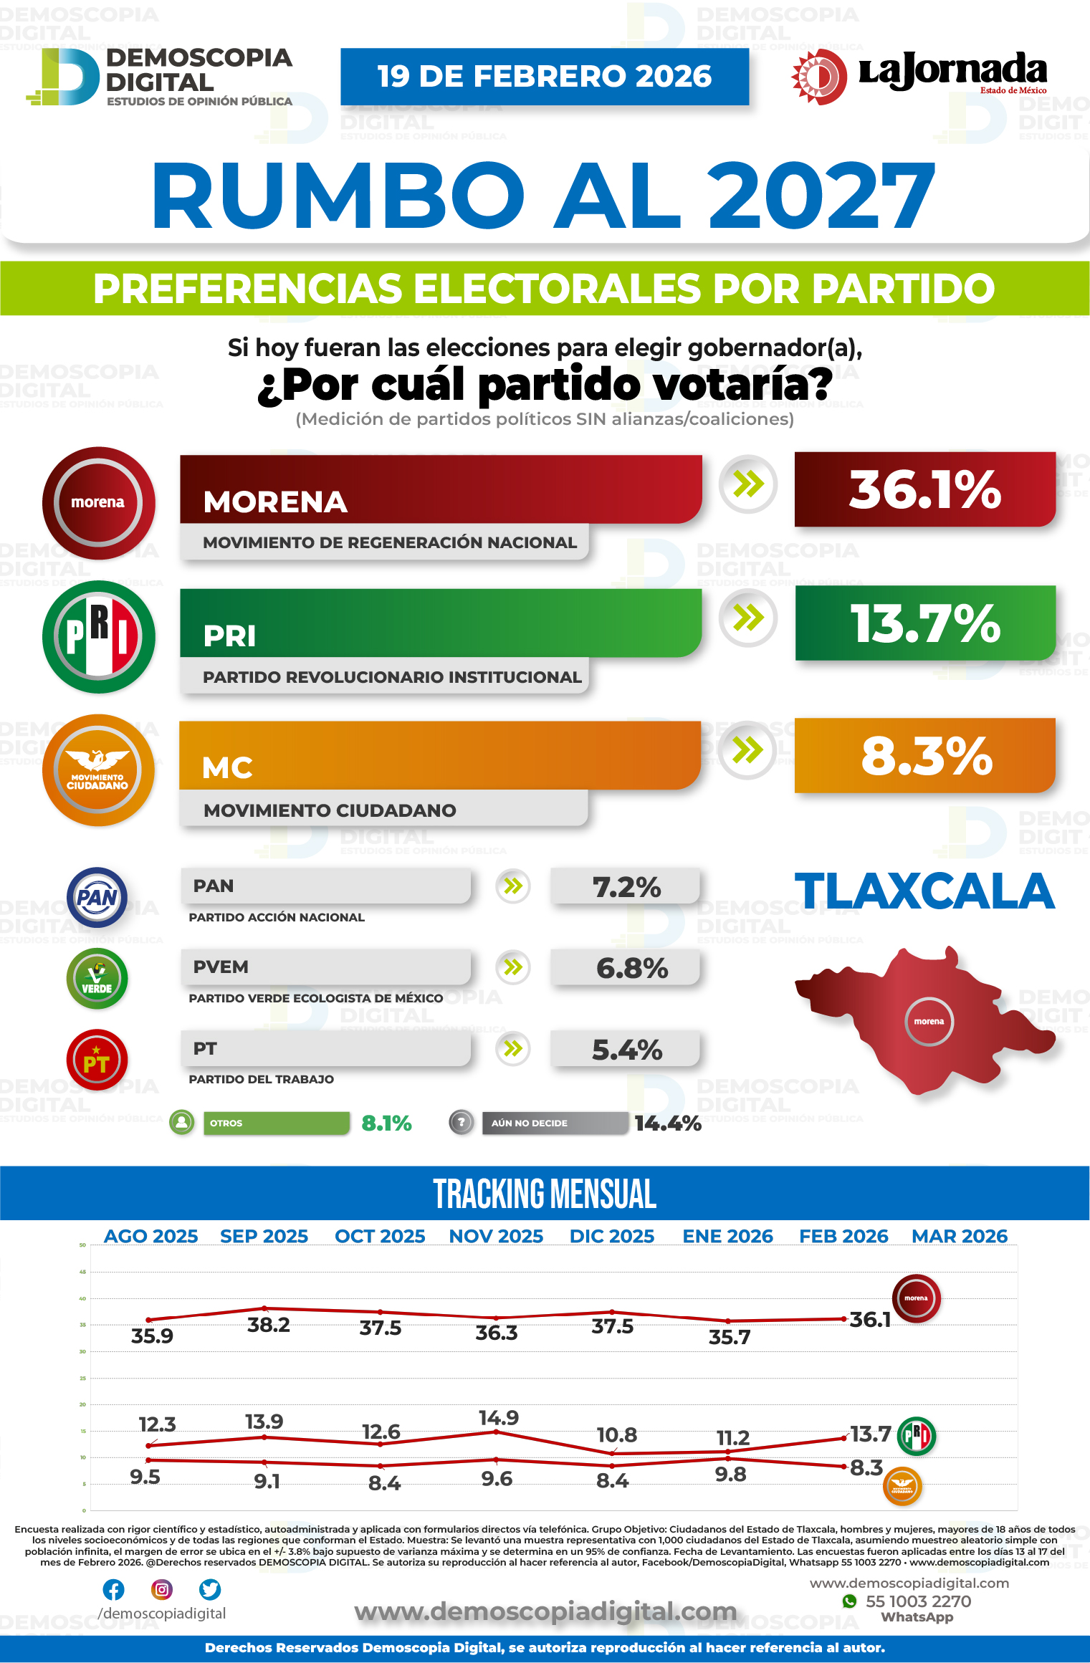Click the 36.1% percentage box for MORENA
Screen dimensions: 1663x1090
pos(924,489)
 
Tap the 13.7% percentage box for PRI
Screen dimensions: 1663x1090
pos(924,623)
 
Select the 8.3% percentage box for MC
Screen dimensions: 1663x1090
pos(924,755)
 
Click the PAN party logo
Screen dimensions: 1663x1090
pos(97,897)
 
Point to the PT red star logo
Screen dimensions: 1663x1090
pos(97,1060)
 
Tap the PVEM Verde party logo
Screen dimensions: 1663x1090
pos(97,979)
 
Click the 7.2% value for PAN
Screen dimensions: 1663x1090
pos(626,887)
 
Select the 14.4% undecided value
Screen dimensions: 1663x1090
pos(667,1123)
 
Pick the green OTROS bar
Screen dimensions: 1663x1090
pos(276,1123)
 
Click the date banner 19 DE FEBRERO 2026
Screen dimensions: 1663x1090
pos(545,77)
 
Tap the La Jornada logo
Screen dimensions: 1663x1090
pos(920,75)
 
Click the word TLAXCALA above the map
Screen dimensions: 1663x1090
pos(924,891)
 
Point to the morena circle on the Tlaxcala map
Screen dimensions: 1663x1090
pos(929,1021)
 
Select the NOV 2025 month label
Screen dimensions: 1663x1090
pos(496,1236)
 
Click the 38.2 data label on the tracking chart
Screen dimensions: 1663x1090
pos(269,1325)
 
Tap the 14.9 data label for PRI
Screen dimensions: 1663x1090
pos(499,1417)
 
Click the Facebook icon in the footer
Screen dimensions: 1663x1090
pos(113,1589)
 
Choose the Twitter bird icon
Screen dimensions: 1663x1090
pos(210,1589)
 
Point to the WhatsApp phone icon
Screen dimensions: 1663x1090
pos(850,1601)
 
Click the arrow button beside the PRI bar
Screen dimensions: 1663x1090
pos(748,618)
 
